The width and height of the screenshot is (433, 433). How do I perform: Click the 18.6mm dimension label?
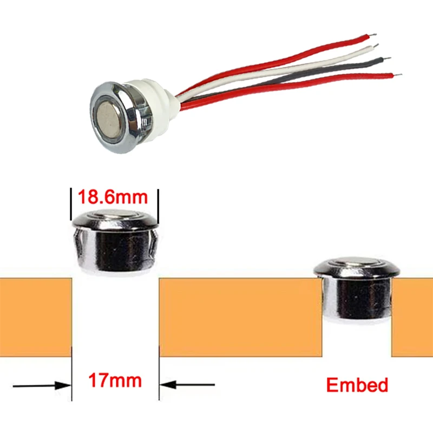click(113, 197)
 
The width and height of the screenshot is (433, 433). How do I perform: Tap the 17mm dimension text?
click(115, 380)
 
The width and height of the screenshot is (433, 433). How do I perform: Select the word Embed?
click(357, 385)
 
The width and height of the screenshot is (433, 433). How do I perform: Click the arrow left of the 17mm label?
click(42, 385)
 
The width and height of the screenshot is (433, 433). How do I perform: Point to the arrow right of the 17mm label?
click(187, 384)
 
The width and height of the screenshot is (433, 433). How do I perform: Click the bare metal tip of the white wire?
click(376, 45)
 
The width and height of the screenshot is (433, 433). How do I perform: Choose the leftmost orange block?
click(36, 317)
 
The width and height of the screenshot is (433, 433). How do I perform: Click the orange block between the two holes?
click(240, 317)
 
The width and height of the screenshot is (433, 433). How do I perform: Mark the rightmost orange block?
click(412, 317)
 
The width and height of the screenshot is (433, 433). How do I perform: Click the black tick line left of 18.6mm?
click(71, 205)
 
